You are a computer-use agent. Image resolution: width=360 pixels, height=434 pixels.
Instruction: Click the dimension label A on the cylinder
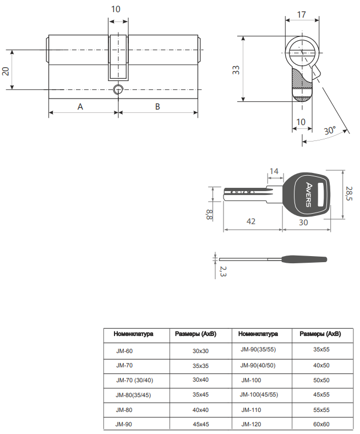point(80,106)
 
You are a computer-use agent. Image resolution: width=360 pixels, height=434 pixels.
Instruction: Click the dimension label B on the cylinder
point(157,106)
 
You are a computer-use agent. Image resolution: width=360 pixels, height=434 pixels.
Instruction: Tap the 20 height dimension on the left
point(6,70)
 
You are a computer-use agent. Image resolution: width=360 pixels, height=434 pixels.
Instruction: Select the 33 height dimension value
point(235,70)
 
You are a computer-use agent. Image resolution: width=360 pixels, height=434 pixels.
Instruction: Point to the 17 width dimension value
point(301,15)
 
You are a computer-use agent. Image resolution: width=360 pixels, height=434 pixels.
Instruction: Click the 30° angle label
point(330,131)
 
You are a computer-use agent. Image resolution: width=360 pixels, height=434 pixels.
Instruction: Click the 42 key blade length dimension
point(250,221)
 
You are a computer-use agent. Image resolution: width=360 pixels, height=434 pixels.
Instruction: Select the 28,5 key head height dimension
point(348,194)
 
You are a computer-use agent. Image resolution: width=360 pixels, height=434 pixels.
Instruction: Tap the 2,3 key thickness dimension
point(222,271)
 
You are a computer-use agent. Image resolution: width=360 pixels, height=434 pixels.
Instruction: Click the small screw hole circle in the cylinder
point(118,89)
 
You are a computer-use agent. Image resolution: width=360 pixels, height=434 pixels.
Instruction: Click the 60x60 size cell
point(321,425)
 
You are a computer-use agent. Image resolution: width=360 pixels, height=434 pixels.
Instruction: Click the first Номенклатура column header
point(133,334)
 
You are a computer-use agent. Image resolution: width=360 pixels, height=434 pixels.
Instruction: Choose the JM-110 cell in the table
point(250,410)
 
